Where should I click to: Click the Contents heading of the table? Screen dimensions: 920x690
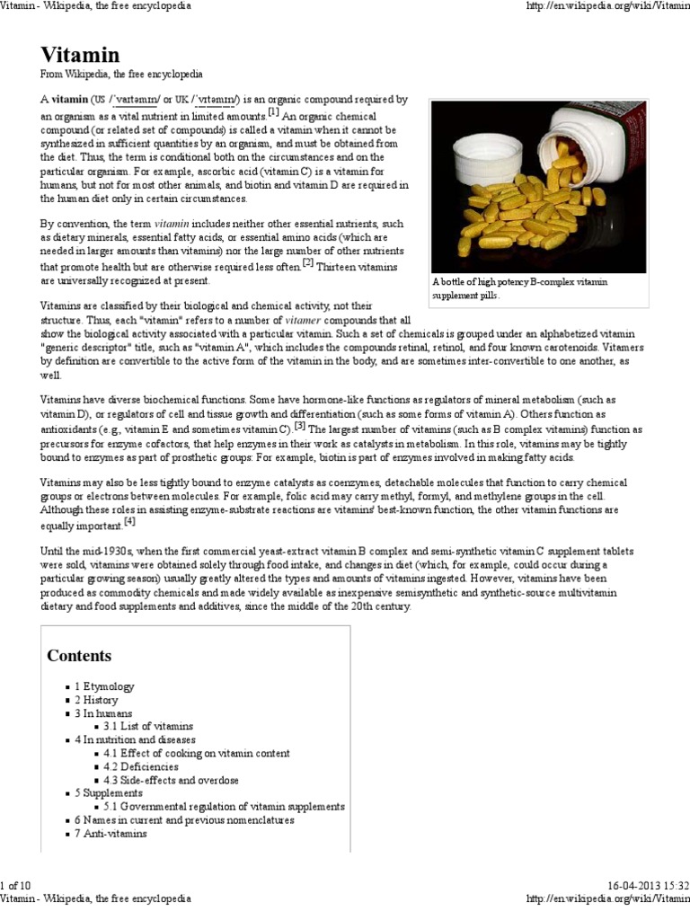click(x=79, y=655)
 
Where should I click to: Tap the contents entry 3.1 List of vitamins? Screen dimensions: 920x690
click(x=147, y=726)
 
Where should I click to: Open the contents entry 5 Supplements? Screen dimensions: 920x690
click(x=108, y=793)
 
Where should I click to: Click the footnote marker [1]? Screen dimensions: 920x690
click(x=273, y=112)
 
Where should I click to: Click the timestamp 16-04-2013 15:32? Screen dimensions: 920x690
click(x=645, y=886)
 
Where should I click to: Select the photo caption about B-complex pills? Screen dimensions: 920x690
click(x=519, y=288)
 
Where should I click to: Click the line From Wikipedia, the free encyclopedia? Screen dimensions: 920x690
click(x=121, y=75)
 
